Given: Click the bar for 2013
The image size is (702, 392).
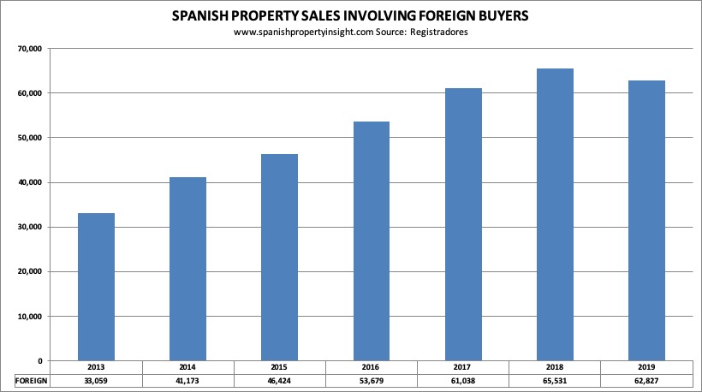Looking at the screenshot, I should (x=96, y=287).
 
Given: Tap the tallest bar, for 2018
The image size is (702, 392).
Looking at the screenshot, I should (x=555, y=215).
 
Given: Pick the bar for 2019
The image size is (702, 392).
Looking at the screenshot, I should (x=646, y=221).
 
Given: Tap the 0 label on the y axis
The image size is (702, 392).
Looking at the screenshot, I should (x=39, y=361).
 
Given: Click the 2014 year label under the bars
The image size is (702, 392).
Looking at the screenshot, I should (x=187, y=367).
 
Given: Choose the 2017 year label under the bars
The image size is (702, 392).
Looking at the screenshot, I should (x=463, y=367).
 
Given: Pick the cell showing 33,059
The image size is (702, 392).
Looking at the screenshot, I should (x=96, y=379).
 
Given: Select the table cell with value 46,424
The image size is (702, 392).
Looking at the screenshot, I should (x=279, y=379).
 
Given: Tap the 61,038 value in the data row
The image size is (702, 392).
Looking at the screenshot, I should (x=463, y=379).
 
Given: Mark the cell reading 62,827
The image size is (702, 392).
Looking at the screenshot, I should (x=646, y=379).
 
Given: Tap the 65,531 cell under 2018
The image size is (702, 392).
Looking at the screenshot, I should (x=555, y=379).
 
